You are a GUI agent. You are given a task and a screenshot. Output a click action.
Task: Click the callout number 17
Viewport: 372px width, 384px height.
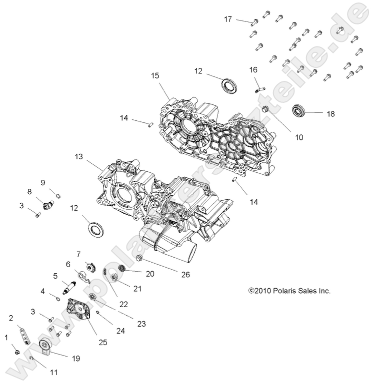[x=227, y=19]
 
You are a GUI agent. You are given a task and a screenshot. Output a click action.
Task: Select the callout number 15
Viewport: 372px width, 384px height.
[x=155, y=76]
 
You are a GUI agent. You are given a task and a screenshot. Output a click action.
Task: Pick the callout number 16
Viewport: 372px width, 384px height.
[x=253, y=70]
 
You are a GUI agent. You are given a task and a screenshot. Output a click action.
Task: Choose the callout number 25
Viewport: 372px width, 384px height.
[x=102, y=342]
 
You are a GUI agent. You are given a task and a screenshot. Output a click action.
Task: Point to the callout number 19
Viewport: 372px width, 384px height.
[x=75, y=358]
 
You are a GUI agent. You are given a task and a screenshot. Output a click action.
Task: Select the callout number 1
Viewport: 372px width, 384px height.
[x=6, y=338]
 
